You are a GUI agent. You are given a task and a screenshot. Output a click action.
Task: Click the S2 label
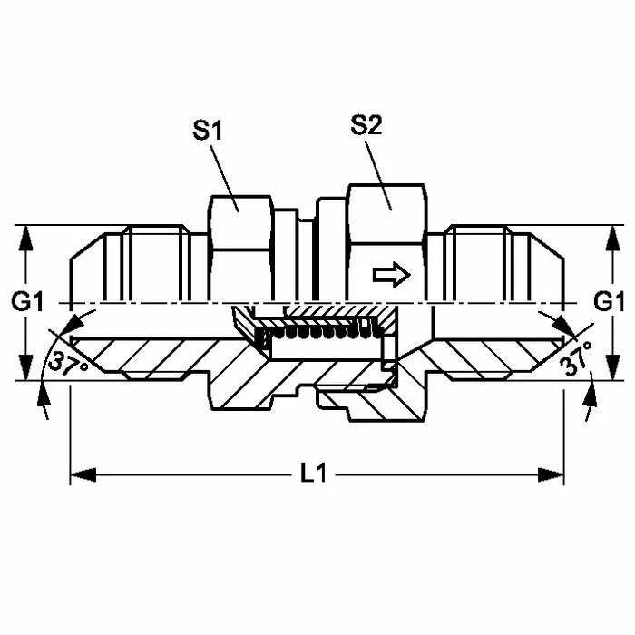point(366,125)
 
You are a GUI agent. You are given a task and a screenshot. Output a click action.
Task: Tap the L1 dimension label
point(314,473)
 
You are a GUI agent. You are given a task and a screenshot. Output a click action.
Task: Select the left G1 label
point(27,302)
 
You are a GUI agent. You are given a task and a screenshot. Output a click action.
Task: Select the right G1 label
point(609,302)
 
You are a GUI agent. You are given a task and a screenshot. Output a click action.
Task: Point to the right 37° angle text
point(575,359)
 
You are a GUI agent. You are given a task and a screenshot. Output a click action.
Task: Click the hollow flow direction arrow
point(392,275)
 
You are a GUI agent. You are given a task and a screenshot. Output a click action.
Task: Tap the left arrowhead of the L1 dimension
point(83,475)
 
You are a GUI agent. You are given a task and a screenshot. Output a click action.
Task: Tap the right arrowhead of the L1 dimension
point(551,475)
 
